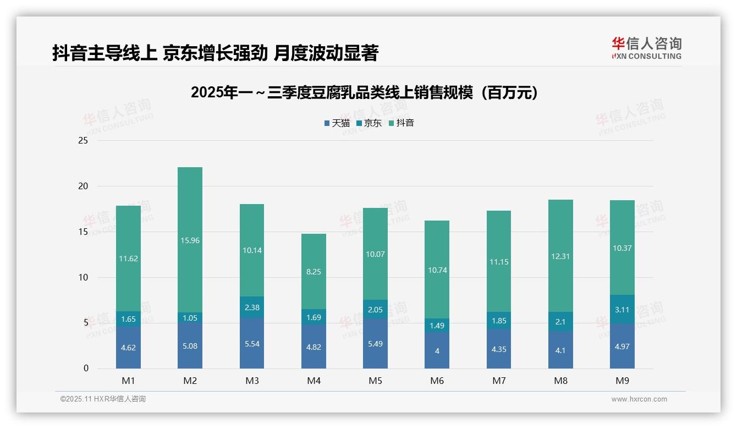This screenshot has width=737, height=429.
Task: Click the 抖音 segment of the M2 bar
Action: (190, 240)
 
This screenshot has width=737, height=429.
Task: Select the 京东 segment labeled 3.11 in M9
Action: (622, 309)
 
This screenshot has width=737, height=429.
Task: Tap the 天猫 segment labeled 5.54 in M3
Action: (252, 343)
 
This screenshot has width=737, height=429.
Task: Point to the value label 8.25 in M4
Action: (313, 272)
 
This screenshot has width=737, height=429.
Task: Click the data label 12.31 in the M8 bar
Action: (560, 256)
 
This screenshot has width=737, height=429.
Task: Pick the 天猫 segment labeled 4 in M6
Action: (437, 350)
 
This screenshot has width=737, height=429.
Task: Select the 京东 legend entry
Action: (369, 123)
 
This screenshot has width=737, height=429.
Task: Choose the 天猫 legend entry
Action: (337, 123)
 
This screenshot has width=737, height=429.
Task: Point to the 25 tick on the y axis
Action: (83, 141)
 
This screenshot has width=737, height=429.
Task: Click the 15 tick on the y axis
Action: (83, 232)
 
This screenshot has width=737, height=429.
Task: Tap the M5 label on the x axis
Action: (375, 381)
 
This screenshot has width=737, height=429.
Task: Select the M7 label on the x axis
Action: (499, 381)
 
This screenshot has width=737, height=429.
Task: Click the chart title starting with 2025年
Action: (364, 92)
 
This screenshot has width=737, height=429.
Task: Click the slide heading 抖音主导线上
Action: (215, 53)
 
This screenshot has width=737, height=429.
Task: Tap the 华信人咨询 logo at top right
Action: (646, 48)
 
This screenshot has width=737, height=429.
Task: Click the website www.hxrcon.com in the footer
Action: (639, 399)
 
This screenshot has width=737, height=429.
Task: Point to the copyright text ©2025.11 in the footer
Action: (103, 399)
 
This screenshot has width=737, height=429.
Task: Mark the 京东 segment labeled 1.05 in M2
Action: (190, 318)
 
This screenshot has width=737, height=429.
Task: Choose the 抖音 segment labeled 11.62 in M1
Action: (128, 258)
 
